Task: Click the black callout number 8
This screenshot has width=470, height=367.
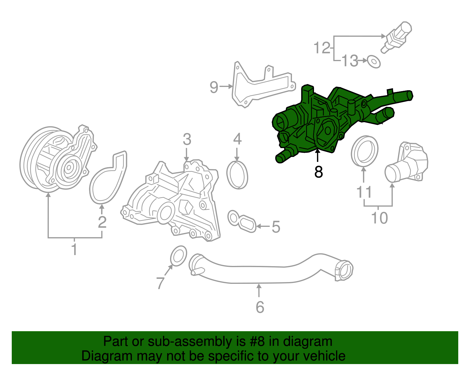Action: click(x=318, y=172)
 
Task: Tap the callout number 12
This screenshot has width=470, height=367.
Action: click(x=322, y=48)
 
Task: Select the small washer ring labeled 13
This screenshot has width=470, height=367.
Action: click(x=374, y=61)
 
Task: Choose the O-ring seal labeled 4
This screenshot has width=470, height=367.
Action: click(x=237, y=175)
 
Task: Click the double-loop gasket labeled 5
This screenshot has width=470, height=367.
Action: click(x=242, y=222)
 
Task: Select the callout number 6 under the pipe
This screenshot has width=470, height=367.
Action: click(x=260, y=307)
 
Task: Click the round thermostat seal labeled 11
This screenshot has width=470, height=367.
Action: click(x=365, y=150)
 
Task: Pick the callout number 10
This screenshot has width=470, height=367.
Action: click(x=379, y=218)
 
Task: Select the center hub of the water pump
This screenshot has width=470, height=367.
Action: click(x=69, y=168)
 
